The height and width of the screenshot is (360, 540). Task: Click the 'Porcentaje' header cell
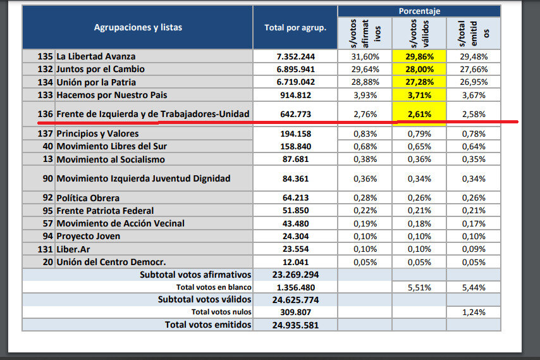pos(419,11)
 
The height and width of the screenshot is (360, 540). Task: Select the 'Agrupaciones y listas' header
pos(137,27)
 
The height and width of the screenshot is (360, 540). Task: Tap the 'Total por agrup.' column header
pos(295,27)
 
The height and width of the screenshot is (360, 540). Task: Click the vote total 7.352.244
pos(295,56)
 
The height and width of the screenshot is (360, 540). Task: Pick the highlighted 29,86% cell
pos(419,56)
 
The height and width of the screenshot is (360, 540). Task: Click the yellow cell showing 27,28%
pos(419,82)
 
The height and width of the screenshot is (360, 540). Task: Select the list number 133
pos(46,95)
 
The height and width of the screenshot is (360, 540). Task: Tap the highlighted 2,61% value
pos(419,114)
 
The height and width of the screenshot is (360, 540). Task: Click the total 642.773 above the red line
pos(295,114)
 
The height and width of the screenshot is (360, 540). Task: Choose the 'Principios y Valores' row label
pos(97,133)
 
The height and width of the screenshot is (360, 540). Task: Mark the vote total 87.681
pos(295,159)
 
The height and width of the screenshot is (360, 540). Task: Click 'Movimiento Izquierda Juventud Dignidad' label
pos(144,178)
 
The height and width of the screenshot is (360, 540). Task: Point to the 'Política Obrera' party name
pos(88,198)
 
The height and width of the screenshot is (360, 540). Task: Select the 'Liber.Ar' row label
pos(74,249)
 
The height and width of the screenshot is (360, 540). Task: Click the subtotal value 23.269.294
pos(295,275)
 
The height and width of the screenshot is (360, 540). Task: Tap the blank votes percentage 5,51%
pos(419,287)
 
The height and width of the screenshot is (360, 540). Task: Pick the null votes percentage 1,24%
pos(473,312)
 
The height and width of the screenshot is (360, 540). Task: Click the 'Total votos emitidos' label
pos(208,325)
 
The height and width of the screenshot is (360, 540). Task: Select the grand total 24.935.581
pos(295,325)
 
